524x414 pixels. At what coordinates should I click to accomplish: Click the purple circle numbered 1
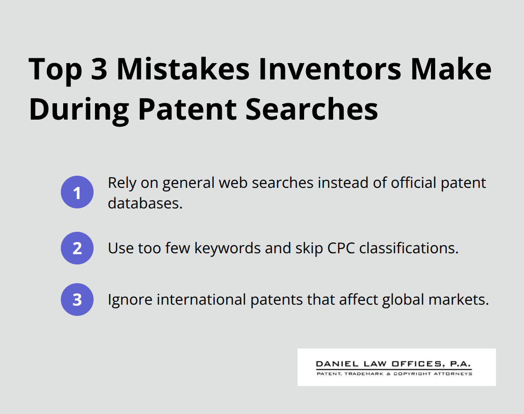tap(77, 192)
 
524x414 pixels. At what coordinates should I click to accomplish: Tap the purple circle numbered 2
tap(77, 248)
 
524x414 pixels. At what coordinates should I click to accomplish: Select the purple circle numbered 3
tap(77, 300)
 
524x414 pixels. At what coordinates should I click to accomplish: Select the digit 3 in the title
tap(95, 69)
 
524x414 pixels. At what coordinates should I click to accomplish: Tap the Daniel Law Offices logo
tap(396, 367)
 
